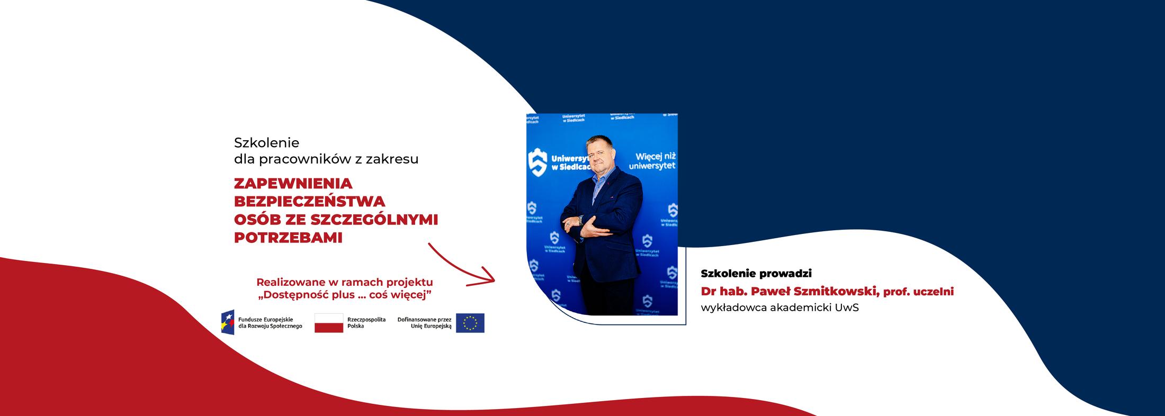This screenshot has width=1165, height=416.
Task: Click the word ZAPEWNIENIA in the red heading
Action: (x=293, y=184)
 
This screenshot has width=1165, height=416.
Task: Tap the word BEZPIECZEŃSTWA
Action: (x=309, y=202)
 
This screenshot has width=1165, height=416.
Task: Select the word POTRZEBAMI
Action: (x=288, y=238)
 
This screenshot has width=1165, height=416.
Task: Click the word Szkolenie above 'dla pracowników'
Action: (x=266, y=142)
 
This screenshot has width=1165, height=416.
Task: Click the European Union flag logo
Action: (x=470, y=323)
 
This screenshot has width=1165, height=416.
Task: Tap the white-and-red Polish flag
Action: (x=328, y=323)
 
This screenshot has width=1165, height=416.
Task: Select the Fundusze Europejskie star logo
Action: (x=228, y=322)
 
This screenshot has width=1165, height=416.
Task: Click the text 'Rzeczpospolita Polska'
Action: (x=366, y=323)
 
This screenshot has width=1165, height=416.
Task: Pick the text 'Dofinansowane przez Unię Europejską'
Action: (x=425, y=323)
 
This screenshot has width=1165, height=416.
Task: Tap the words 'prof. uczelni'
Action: (x=918, y=292)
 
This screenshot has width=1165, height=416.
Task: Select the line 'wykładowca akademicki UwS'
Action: (x=779, y=308)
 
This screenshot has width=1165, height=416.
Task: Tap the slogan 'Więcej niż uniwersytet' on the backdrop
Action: (x=652, y=161)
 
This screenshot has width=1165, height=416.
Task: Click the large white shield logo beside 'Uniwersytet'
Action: (x=537, y=161)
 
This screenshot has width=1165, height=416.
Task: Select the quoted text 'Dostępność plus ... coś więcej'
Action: (x=345, y=295)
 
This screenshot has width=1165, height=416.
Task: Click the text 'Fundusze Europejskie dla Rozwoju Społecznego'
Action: (x=270, y=323)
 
